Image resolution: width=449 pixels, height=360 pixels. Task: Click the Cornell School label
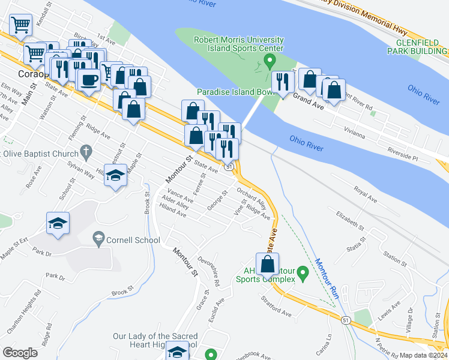[133, 241]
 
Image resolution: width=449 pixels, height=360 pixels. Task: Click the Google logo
[20, 352]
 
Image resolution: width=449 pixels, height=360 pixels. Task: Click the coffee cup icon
[89, 79]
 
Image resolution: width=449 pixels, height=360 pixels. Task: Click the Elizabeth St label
[350, 220]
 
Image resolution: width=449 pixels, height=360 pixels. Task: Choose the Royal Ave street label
[365, 195]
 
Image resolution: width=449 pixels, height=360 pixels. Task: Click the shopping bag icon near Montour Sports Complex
[267, 263]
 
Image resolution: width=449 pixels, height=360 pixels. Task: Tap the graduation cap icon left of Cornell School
[58, 223]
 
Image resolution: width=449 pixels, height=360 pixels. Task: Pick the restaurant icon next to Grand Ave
[282, 82]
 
